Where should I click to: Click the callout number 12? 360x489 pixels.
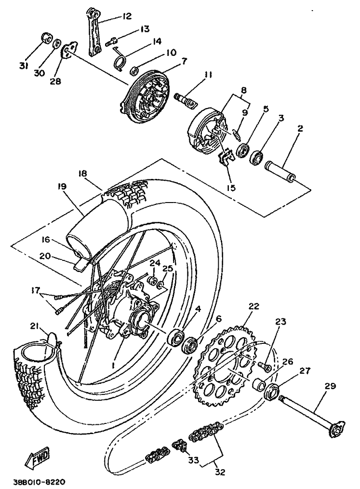tap(126, 16)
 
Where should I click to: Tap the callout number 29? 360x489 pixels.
tap(330, 386)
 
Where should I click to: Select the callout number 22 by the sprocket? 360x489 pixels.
tap(254, 307)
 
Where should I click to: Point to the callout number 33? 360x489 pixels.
tap(193, 461)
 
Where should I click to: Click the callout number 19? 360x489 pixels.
tap(63, 186)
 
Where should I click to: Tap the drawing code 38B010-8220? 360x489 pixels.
tap(39, 482)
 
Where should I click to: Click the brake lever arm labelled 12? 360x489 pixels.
tap(94, 31)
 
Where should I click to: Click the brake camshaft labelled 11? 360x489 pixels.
tap(186, 98)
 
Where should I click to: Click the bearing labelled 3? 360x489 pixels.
tap(256, 157)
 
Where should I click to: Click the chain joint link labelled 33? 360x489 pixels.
tap(179, 446)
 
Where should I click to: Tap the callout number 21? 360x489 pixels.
tap(33, 326)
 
